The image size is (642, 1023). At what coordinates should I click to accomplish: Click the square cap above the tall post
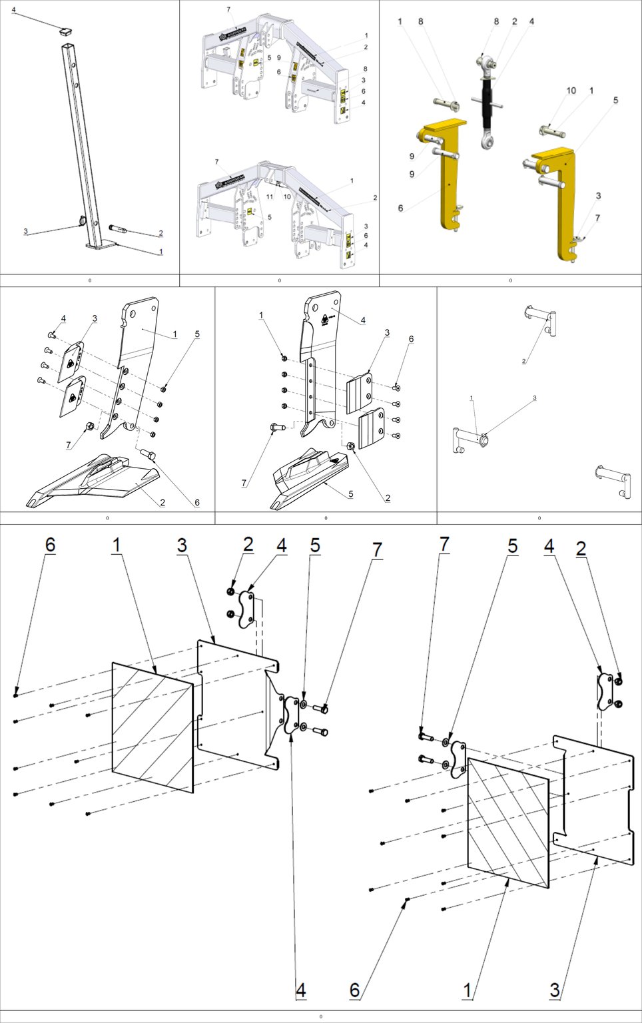pyautogui.click(x=66, y=29)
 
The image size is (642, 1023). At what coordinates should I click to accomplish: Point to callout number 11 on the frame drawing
pyautogui.click(x=270, y=196)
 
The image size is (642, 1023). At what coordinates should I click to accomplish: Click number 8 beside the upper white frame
pyautogui.click(x=365, y=69)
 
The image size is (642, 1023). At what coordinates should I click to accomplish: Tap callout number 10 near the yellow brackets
pyautogui.click(x=571, y=91)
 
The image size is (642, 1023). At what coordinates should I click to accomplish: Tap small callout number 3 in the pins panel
pyautogui.click(x=534, y=398)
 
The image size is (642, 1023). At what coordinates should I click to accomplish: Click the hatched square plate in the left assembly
pyautogui.click(x=153, y=727)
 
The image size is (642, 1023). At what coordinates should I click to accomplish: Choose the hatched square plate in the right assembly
pyautogui.click(x=509, y=823)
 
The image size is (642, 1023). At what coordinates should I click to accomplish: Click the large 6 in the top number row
pyautogui.click(x=50, y=545)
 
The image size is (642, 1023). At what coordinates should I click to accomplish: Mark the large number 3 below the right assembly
pyautogui.click(x=554, y=990)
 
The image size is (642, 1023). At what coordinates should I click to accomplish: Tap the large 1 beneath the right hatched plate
pyautogui.click(x=468, y=990)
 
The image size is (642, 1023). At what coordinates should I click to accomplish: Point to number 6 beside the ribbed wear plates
pyautogui.click(x=411, y=339)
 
